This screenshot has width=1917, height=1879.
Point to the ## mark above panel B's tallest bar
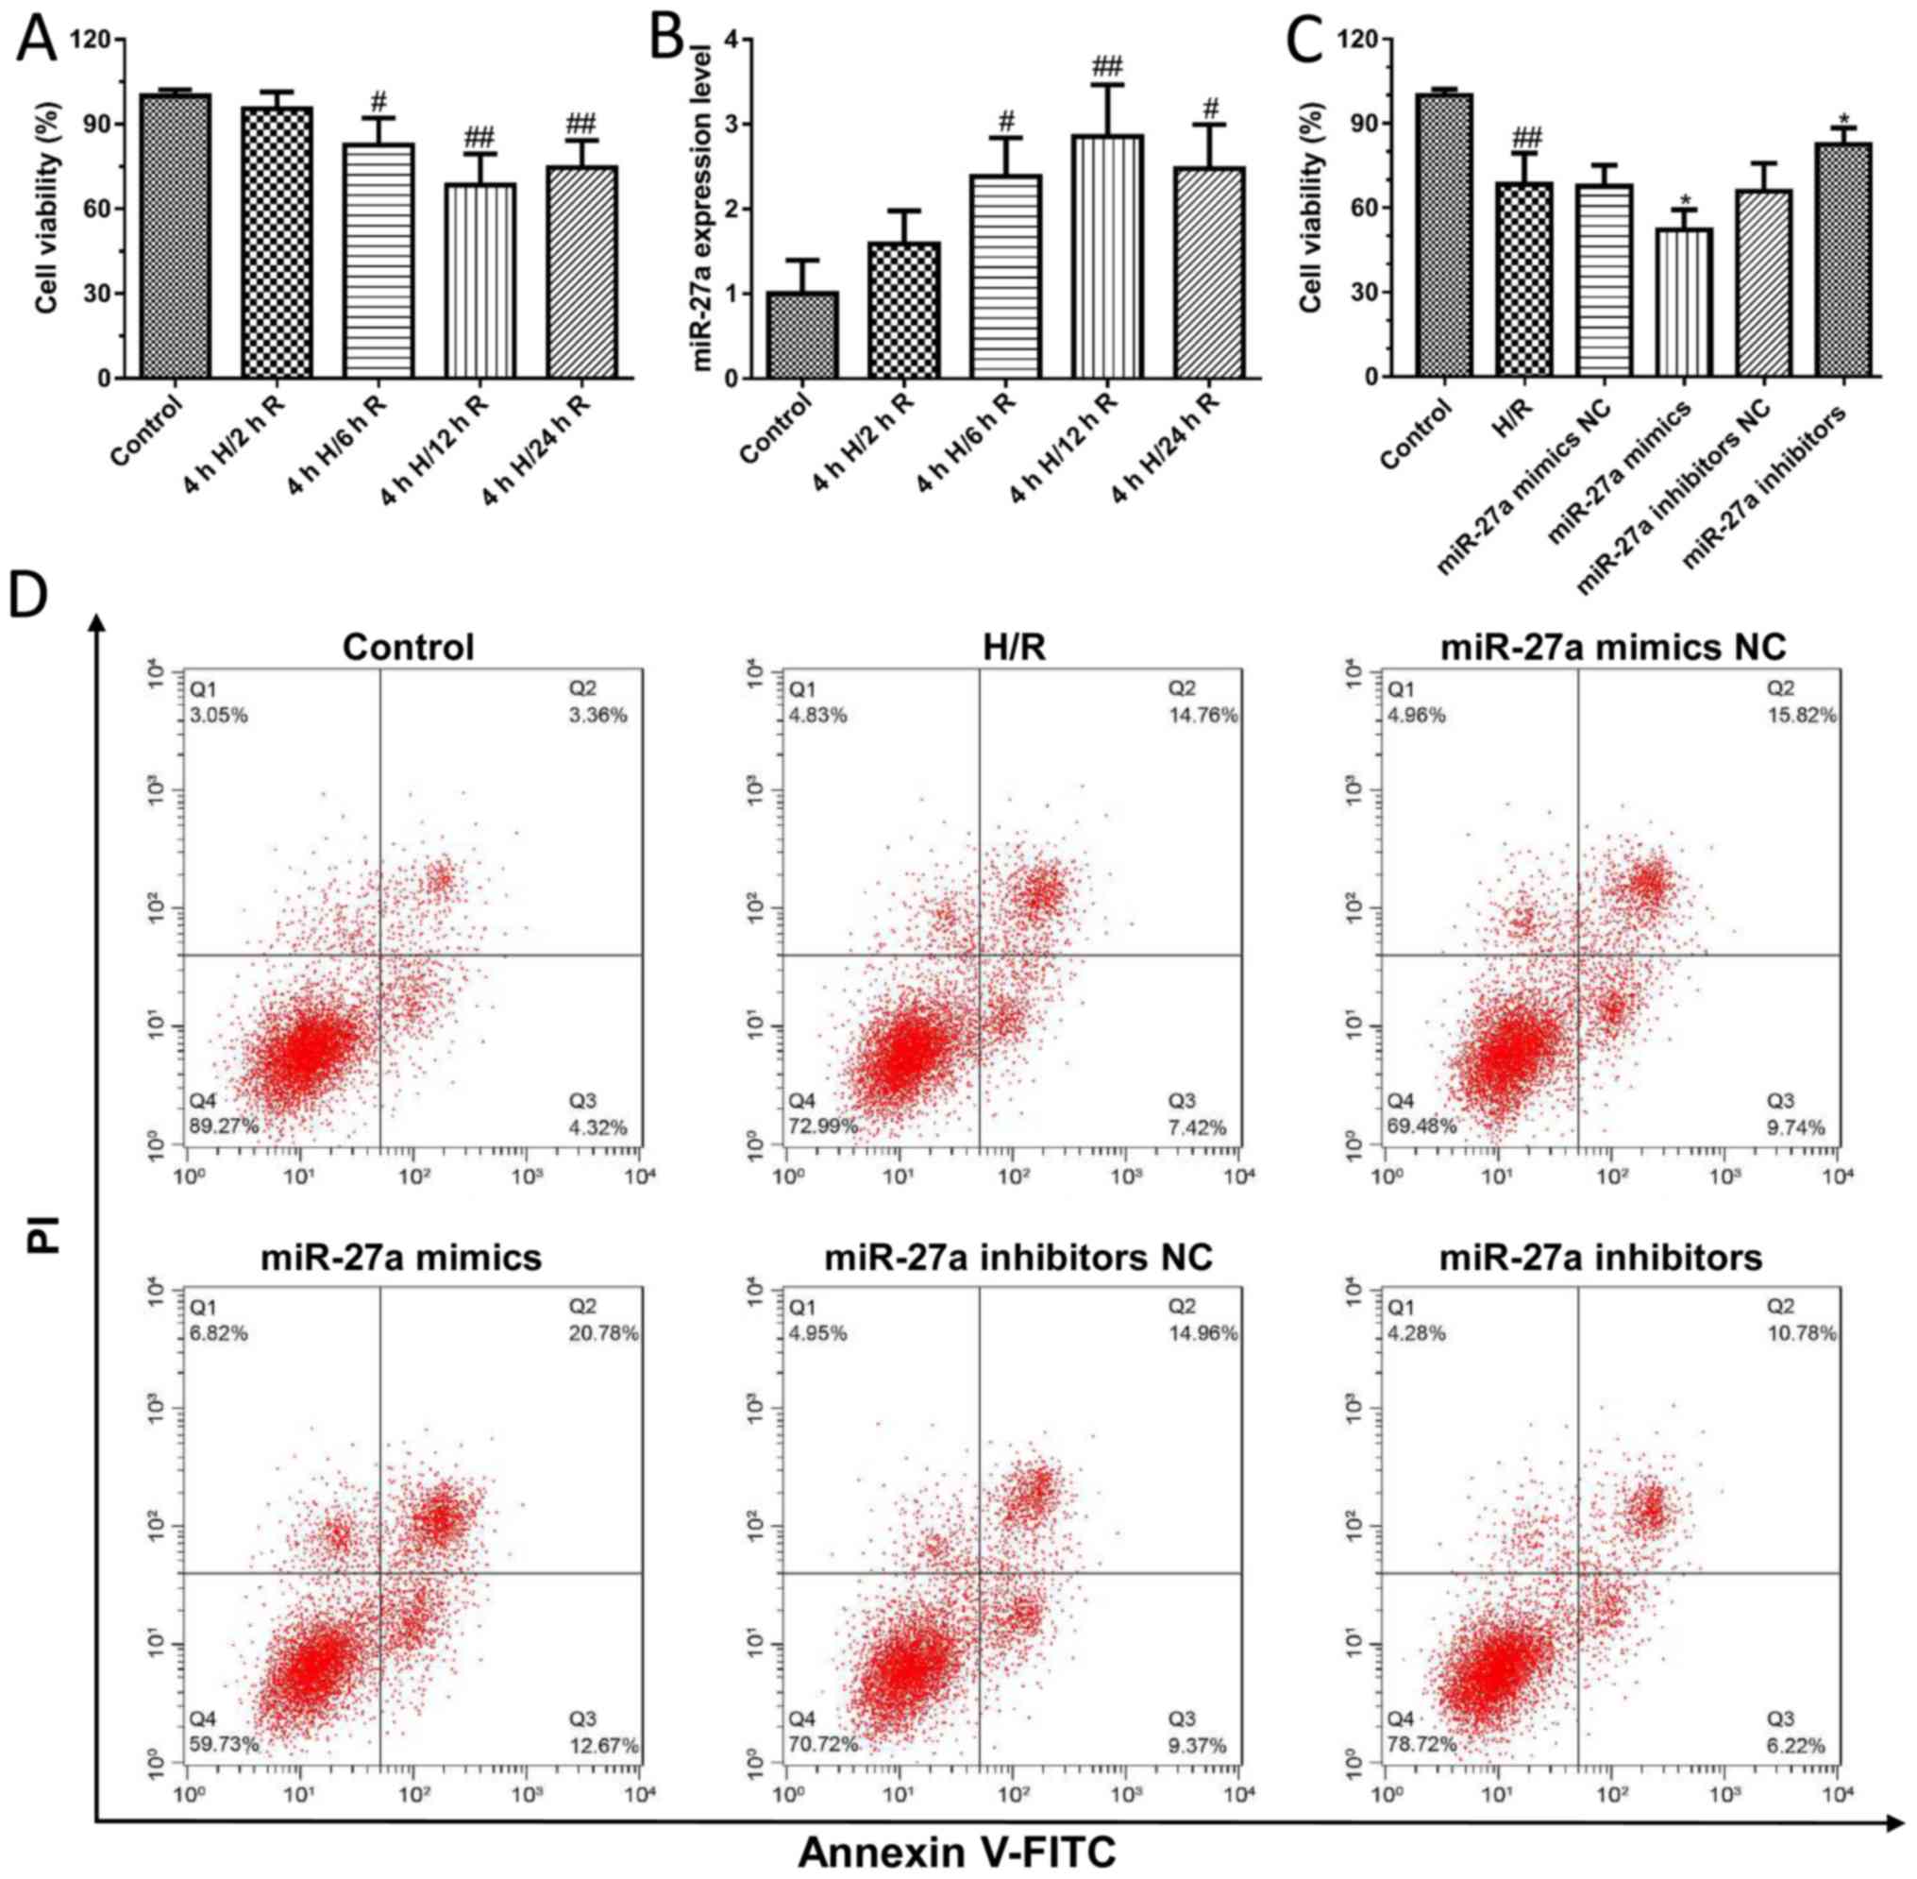[x=1107, y=67]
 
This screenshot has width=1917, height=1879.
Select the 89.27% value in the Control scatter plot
[x=224, y=1126]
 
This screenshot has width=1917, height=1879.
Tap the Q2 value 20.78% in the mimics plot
[x=603, y=1333]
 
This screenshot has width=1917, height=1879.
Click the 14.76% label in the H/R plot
[x=1202, y=716]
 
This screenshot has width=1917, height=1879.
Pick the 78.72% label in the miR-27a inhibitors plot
[x=1421, y=1744]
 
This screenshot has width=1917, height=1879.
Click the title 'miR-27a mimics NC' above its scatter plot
[x=1613, y=648]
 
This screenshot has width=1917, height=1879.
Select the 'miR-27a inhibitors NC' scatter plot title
[x=1018, y=1259]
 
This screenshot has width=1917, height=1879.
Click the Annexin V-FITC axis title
[x=956, y=1853]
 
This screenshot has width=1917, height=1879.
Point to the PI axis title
[x=44, y=1233]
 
